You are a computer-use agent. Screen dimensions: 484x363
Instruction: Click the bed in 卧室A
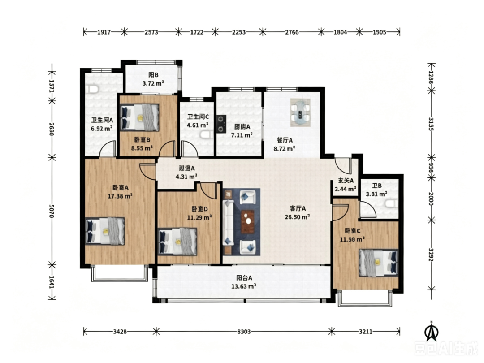pyautogui.click(x=105, y=231)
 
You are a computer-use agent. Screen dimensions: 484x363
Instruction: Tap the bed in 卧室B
pyautogui.click(x=140, y=117)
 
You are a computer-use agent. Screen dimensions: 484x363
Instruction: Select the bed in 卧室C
pyautogui.click(x=378, y=263)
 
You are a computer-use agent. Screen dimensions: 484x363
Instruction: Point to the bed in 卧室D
pyautogui.click(x=177, y=242)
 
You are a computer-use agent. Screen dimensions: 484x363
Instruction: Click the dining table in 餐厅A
pyautogui.click(x=300, y=112)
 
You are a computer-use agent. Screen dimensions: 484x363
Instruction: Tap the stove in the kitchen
pyautogui.click(x=221, y=124)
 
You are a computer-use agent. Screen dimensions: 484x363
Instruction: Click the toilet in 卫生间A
pyautogui.click(x=92, y=90)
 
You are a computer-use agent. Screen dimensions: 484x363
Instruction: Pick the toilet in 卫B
pyautogui.click(x=391, y=204)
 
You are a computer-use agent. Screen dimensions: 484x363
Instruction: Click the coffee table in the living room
pyautogui.click(x=247, y=222)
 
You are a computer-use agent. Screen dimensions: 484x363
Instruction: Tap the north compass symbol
pyautogui.click(x=431, y=332)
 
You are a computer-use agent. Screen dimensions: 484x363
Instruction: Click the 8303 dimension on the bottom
pyautogui.click(x=244, y=332)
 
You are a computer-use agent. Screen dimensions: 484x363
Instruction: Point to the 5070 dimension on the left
pyautogui.click(x=52, y=211)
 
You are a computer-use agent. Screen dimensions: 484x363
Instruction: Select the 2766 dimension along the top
pyautogui.click(x=292, y=32)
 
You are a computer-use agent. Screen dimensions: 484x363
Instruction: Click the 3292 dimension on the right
pyautogui.click(x=432, y=255)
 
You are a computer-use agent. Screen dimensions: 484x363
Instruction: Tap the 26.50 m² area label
pyautogui.click(x=297, y=217)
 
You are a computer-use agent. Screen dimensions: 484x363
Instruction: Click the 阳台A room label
pyautogui.click(x=244, y=278)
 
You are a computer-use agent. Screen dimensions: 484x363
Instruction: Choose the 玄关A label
pyautogui.click(x=346, y=181)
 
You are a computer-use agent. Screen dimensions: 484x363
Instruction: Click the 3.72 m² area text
pyautogui.click(x=153, y=83)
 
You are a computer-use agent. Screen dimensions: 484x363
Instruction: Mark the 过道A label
pyautogui.click(x=187, y=168)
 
